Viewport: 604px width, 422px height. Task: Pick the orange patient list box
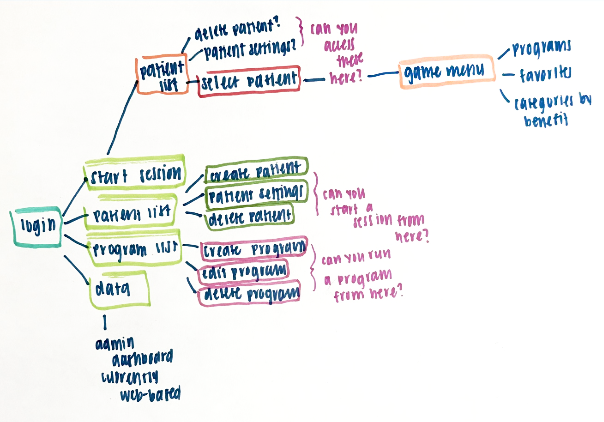[x=162, y=74]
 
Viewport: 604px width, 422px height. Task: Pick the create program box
[x=254, y=249]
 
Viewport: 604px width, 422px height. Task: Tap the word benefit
[x=546, y=121]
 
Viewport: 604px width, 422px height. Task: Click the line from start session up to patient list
[x=122, y=118]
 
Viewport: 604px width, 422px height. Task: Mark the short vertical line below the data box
[x=105, y=322]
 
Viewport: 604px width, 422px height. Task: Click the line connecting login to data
[x=76, y=270]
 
